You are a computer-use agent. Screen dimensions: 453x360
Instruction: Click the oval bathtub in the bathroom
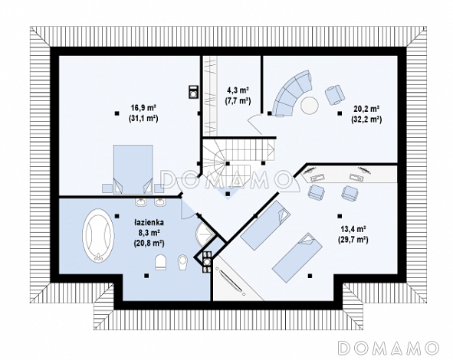click(x=98, y=235)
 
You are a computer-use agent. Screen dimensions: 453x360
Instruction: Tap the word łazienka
click(x=149, y=222)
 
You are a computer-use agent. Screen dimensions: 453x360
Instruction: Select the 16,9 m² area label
click(x=143, y=108)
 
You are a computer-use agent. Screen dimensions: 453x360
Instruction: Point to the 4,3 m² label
click(x=238, y=90)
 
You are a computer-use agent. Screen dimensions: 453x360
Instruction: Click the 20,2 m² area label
click(x=366, y=109)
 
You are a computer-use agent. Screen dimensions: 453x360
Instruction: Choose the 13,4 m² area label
click(x=353, y=229)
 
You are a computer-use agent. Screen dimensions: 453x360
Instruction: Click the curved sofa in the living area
click(x=292, y=93)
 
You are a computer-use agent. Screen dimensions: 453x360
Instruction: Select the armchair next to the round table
click(x=335, y=94)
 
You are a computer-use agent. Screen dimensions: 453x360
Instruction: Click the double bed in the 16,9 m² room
click(x=133, y=169)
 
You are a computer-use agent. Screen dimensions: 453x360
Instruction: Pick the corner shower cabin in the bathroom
click(x=205, y=234)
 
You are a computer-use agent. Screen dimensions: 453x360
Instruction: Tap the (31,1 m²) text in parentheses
click(x=143, y=119)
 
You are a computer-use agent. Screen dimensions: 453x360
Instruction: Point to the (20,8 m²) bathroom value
click(x=149, y=243)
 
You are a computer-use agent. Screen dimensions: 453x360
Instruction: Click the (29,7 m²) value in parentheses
click(x=353, y=240)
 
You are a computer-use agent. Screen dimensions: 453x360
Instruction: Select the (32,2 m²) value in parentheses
click(x=366, y=119)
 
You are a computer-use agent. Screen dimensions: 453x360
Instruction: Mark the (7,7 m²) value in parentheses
click(x=238, y=101)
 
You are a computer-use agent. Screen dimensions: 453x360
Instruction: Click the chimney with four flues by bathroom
click(x=207, y=262)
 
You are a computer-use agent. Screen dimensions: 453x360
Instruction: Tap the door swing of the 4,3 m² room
click(x=254, y=123)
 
